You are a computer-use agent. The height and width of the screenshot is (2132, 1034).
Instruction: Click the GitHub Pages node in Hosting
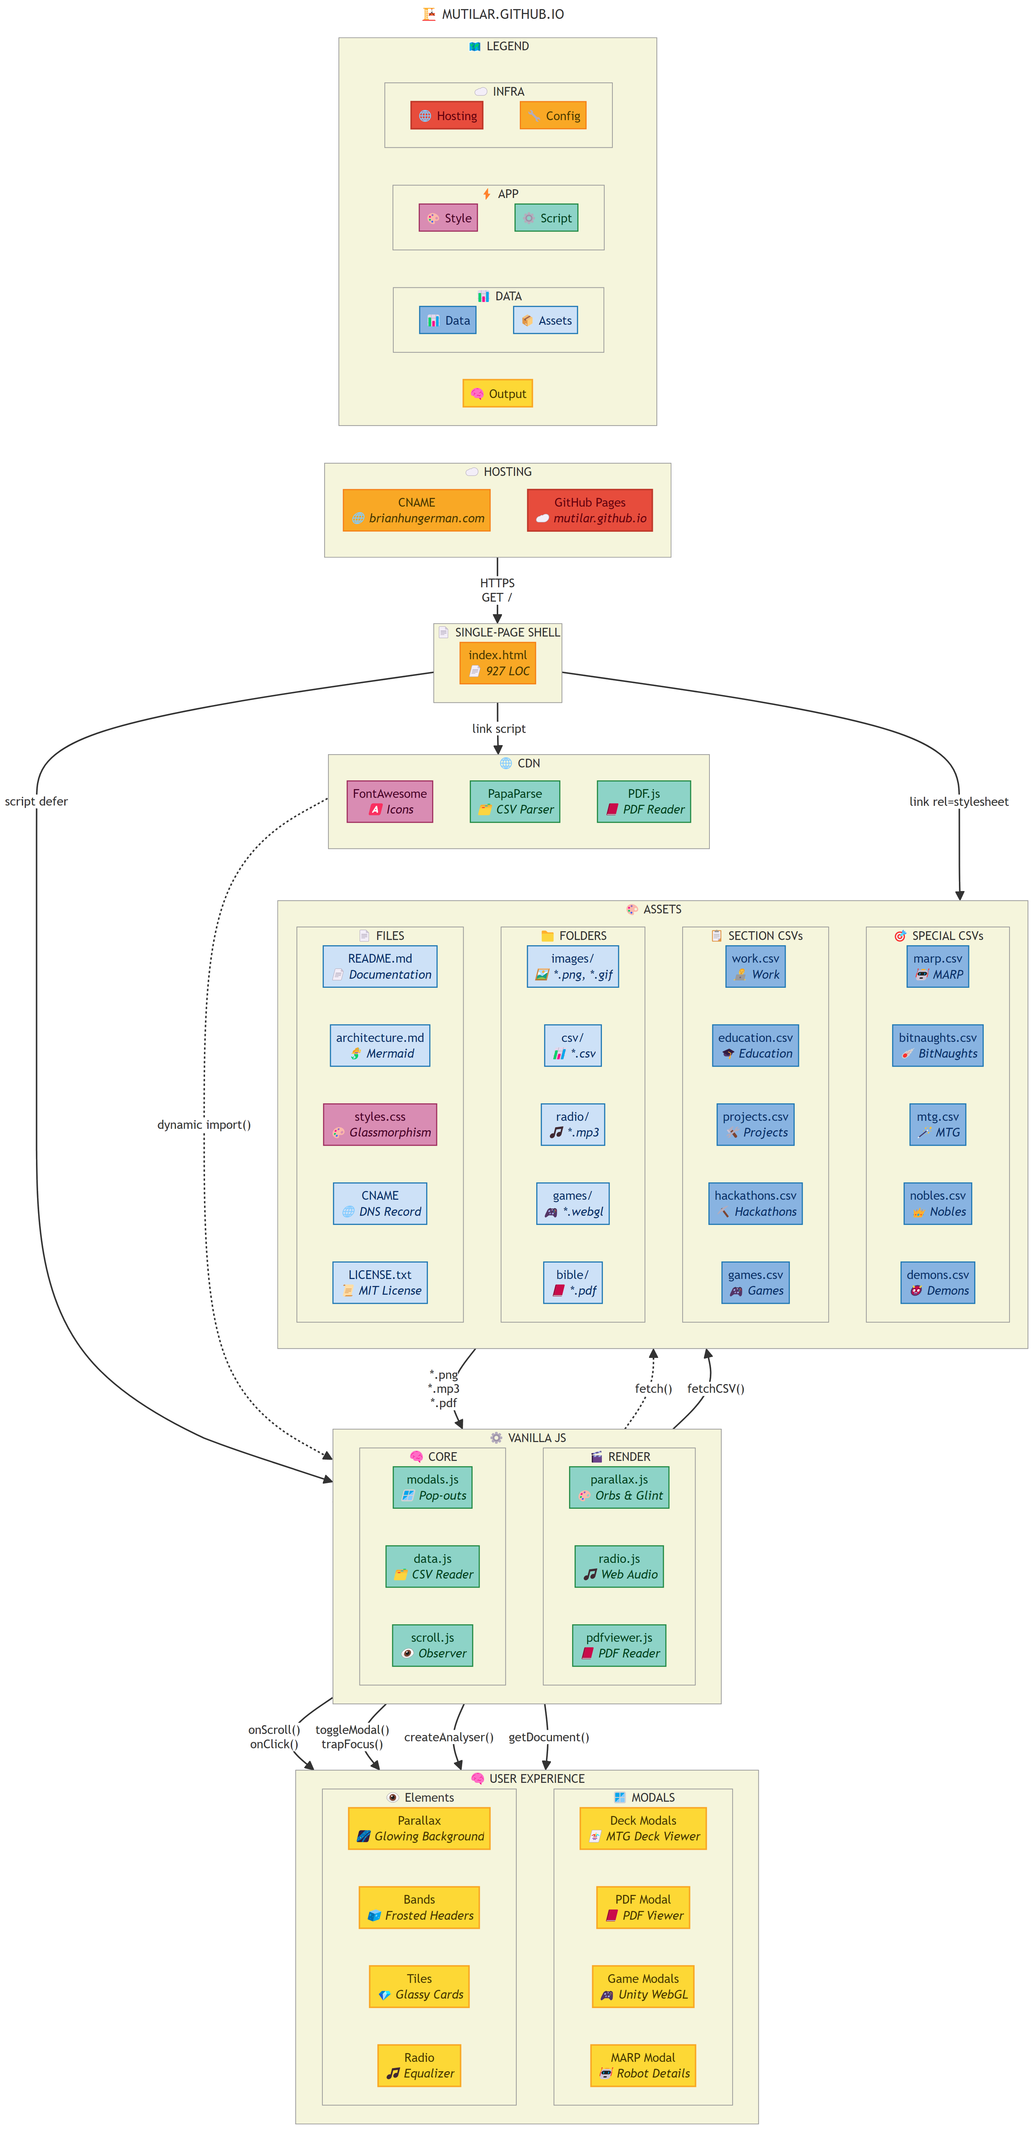589,510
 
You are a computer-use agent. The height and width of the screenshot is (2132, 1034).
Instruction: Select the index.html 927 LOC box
497,663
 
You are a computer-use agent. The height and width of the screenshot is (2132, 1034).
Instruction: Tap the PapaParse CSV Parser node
514,801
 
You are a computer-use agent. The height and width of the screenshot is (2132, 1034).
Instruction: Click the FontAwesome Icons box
389,801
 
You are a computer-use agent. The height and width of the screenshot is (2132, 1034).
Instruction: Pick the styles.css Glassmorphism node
380,1124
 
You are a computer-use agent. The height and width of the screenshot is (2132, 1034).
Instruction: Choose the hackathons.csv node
755,1203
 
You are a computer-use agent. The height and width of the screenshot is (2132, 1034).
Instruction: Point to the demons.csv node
937,1282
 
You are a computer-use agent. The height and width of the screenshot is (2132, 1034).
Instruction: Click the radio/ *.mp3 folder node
572,1124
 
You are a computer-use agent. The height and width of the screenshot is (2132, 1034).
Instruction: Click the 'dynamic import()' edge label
204,1125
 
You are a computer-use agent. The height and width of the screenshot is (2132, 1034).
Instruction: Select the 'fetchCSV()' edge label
715,1389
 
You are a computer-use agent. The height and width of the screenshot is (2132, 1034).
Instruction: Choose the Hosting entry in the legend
447,116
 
